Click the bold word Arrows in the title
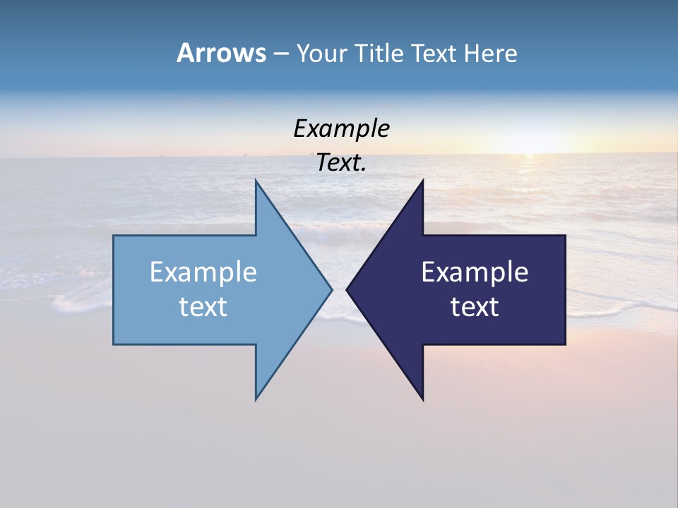pyautogui.click(x=221, y=53)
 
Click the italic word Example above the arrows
pyautogui.click(x=341, y=128)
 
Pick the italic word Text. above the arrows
pyautogui.click(x=341, y=162)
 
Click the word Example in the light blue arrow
pyautogui.click(x=203, y=272)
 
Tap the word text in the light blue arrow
pyautogui.click(x=203, y=306)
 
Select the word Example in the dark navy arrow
pyautogui.click(x=475, y=272)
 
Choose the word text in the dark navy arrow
pyautogui.click(x=475, y=306)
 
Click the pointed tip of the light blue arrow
pyautogui.click(x=331, y=289)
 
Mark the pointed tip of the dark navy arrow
pyautogui.click(x=347, y=289)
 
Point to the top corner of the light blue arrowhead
pyautogui.click(x=256, y=181)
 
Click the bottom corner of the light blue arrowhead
pyautogui.click(x=256, y=399)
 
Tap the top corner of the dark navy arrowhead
pyautogui.click(x=422, y=181)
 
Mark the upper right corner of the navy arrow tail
pyautogui.click(x=565, y=236)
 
